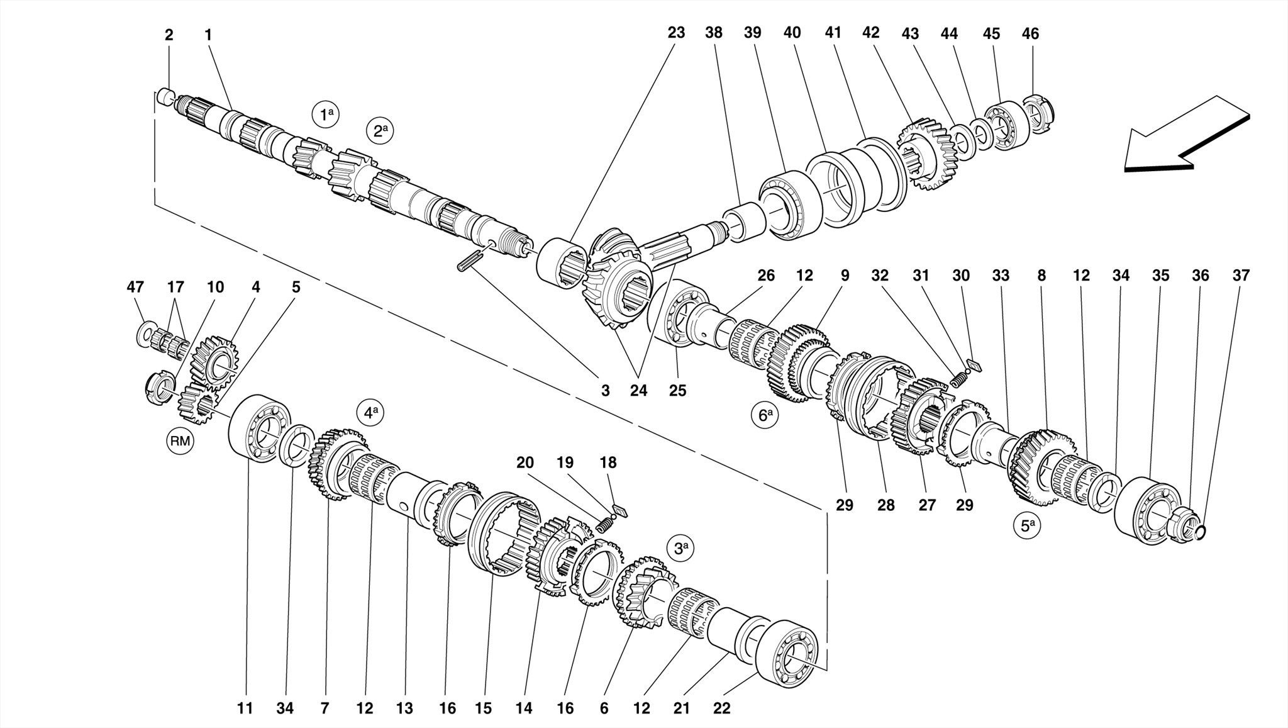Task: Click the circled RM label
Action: coord(180,441)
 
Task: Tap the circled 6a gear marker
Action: coord(765,415)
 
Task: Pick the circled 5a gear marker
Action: coord(1026,525)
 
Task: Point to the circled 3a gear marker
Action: coord(680,548)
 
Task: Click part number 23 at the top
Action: coord(676,33)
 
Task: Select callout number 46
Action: coord(1030,34)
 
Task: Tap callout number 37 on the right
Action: coord(1241,276)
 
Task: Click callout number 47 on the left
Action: coord(135,288)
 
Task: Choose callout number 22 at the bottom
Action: coord(722,708)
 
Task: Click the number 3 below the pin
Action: coord(605,391)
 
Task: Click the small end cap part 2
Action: coord(165,96)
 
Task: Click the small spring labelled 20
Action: coord(605,524)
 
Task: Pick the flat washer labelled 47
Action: coord(143,333)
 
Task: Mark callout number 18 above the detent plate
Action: coord(608,463)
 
